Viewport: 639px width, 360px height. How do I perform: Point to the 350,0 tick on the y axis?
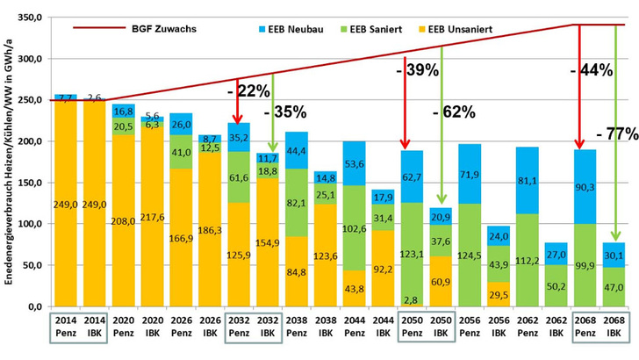30,18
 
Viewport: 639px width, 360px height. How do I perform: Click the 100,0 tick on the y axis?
30,224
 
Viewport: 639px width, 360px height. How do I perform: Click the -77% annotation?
616,134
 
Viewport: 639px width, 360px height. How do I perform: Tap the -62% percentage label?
454,112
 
